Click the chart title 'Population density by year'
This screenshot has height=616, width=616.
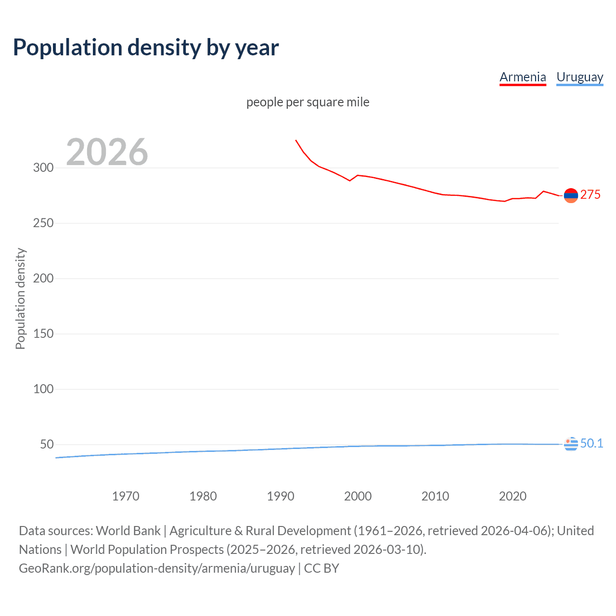(146, 48)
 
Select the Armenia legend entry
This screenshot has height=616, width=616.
(523, 77)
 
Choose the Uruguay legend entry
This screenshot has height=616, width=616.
(579, 77)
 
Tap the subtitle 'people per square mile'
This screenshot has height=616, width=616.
(308, 102)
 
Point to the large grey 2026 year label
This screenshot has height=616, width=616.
(107, 152)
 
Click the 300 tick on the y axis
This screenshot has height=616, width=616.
(43, 168)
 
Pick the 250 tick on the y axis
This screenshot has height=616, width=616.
(43, 223)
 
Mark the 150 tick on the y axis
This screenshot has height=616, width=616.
(43, 334)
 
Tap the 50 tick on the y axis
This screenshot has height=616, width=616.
(47, 444)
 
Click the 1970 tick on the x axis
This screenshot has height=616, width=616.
(126, 496)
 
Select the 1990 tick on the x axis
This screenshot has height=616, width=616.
(281, 496)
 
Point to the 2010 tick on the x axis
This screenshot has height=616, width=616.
(435, 496)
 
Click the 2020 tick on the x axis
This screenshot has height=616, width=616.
(513, 496)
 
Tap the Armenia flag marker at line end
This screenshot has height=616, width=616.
(571, 195)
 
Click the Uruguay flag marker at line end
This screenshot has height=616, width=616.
(571, 444)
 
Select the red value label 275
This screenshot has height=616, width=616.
(590, 194)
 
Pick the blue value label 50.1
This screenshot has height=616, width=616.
(591, 443)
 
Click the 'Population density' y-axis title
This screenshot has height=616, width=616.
(20, 298)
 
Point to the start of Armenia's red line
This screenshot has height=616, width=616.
(296, 141)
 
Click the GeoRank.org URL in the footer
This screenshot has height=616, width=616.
(157, 568)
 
